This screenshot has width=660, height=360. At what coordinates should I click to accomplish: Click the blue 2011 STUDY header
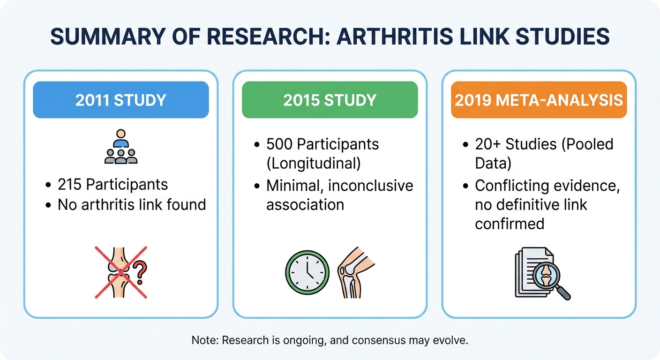pos(120,100)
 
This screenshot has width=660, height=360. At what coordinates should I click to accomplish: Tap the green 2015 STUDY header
pos(330,100)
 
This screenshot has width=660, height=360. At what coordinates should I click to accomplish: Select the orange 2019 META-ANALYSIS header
pos(539,100)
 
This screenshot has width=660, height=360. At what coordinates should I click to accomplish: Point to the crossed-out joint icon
pos(120,272)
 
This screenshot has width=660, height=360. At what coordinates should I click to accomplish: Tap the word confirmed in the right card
pos(510,224)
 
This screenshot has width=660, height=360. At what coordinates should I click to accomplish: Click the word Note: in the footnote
pos(205,340)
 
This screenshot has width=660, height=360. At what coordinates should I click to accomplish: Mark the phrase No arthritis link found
pos(132,204)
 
